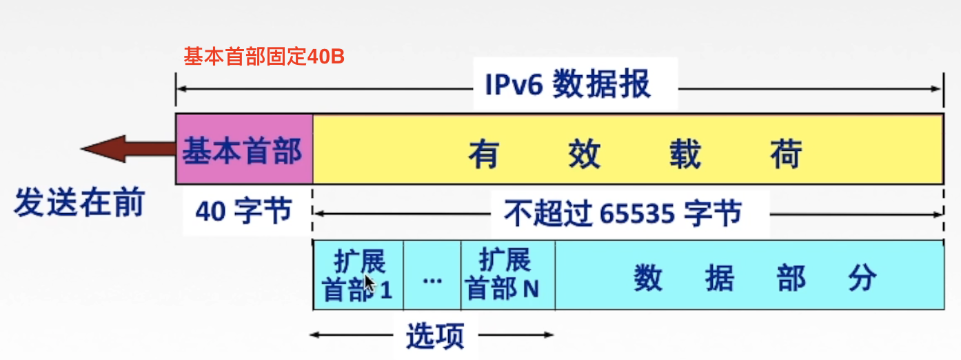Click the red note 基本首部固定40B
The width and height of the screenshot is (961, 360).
(x=263, y=57)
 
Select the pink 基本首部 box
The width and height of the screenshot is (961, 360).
(x=244, y=149)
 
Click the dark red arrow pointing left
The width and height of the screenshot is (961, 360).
(x=128, y=149)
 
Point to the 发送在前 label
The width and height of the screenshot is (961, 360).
(x=79, y=204)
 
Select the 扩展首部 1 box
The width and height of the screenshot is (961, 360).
(x=358, y=275)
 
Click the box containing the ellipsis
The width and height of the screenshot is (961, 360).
(x=432, y=275)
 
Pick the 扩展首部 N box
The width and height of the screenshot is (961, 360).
(x=507, y=275)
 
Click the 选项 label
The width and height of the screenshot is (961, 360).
(x=434, y=336)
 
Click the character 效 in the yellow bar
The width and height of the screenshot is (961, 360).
(x=585, y=154)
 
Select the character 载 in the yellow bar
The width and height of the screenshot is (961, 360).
(x=685, y=154)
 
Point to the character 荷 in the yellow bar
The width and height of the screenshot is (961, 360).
(x=786, y=154)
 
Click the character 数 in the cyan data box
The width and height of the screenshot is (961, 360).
(x=649, y=279)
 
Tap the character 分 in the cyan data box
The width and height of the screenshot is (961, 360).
(x=862, y=279)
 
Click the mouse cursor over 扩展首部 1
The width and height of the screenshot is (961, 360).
(x=369, y=283)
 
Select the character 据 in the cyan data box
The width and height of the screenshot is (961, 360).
(x=720, y=279)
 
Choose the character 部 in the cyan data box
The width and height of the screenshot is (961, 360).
(x=791, y=279)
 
